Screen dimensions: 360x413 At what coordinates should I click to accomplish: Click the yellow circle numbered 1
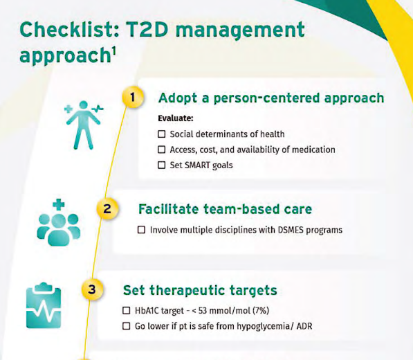[131, 98]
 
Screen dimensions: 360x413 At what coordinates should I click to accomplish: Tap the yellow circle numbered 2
[107, 209]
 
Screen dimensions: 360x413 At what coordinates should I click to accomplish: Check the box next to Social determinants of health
[162, 134]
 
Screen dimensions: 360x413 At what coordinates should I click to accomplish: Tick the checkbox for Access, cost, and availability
[162, 150]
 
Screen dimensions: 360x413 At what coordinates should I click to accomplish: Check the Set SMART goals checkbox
[162, 165]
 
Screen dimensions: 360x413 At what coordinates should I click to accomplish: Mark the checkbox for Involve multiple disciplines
[142, 229]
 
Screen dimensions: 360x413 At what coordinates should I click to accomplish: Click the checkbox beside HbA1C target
[126, 310]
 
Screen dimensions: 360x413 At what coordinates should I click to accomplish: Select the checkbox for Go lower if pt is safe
[126, 325]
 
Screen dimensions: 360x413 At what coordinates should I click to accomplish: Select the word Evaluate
[176, 118]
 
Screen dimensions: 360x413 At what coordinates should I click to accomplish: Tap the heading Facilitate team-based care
[225, 208]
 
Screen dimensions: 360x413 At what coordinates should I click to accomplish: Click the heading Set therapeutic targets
[200, 289]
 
